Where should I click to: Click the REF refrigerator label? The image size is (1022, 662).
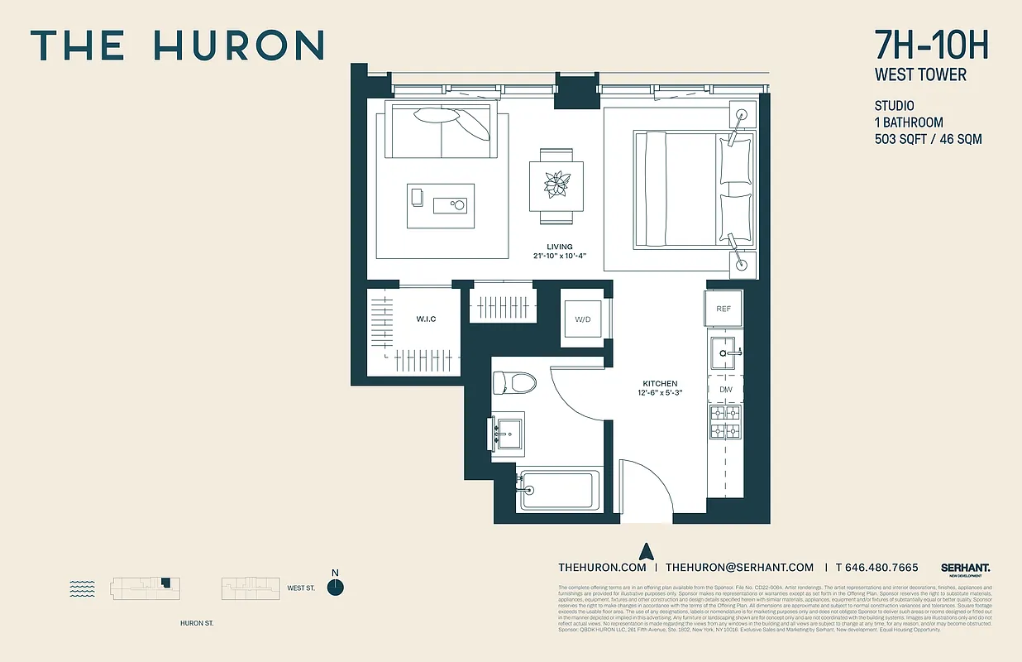click(x=724, y=309)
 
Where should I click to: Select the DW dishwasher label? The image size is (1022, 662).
click(x=725, y=389)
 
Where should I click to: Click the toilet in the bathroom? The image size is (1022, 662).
click(x=513, y=382)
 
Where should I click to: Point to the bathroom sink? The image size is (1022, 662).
click(x=509, y=432)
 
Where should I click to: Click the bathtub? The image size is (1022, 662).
click(x=557, y=490)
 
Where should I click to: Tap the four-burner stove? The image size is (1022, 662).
click(x=725, y=421)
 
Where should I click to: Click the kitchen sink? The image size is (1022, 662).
click(x=725, y=353)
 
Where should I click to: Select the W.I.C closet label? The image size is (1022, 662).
click(x=426, y=319)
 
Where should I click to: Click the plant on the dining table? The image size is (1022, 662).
click(x=556, y=184)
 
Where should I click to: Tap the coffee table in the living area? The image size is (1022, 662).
click(x=441, y=206)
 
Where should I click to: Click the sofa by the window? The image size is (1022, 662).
click(x=442, y=131)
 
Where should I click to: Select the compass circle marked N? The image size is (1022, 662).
click(x=335, y=587)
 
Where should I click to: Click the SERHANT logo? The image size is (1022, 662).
click(x=965, y=568)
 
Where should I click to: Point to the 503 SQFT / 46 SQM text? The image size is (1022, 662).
click(x=928, y=139)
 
